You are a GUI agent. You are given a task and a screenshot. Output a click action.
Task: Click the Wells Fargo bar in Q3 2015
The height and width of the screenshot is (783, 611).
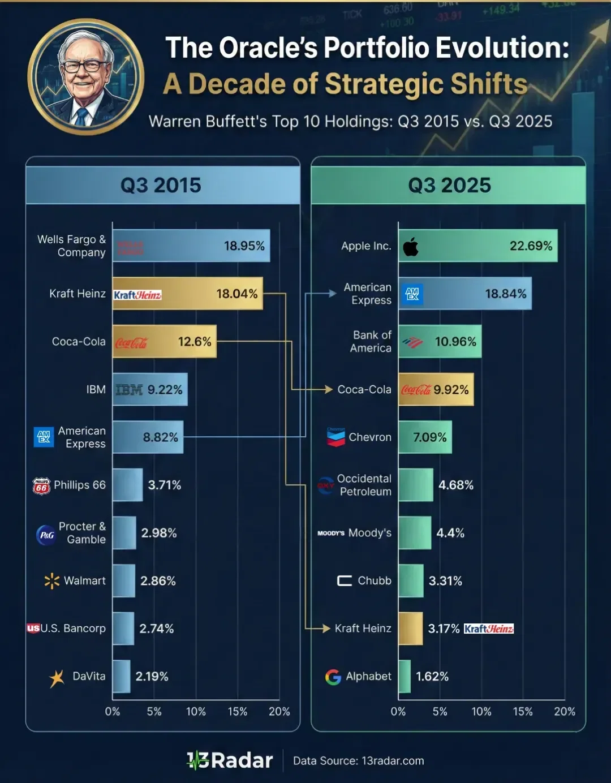[x=191, y=246]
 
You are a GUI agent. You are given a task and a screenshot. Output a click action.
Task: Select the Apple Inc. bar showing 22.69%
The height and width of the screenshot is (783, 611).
[x=477, y=246]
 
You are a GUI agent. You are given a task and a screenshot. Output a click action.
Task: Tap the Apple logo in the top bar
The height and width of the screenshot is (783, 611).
[x=411, y=246]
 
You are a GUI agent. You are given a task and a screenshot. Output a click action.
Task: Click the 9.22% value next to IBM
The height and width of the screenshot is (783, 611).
[x=165, y=390]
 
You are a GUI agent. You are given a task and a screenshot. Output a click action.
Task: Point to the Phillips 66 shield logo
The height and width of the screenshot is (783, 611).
[x=41, y=485]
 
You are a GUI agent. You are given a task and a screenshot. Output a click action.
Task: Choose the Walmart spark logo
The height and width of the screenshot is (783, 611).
[x=51, y=581]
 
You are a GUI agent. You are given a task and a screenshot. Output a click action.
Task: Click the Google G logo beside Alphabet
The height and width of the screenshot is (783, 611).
[x=333, y=677]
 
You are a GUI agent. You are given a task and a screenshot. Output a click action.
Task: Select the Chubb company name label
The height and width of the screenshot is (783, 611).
[x=374, y=580]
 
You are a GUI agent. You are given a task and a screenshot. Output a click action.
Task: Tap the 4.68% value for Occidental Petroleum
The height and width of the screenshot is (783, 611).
[x=455, y=485]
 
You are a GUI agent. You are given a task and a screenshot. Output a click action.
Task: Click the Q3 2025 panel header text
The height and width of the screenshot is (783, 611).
[x=449, y=186]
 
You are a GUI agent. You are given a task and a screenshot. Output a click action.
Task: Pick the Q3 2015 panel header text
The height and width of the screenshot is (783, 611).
[x=161, y=186]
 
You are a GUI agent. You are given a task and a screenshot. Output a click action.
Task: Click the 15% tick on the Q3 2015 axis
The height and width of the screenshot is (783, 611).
[x=238, y=712]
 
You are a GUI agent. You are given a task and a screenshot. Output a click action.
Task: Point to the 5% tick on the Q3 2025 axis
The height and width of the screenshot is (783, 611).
[x=440, y=712]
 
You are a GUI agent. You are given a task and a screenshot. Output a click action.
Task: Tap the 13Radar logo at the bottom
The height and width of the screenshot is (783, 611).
[x=230, y=760]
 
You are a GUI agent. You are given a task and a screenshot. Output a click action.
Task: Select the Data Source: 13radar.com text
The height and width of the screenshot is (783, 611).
[x=358, y=761]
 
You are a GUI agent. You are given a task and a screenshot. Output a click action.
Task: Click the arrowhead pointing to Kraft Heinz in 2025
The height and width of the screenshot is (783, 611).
[x=326, y=629]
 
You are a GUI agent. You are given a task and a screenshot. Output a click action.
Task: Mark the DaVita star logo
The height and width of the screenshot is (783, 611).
[x=57, y=678]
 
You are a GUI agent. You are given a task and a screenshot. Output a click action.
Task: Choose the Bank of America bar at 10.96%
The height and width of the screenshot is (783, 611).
[x=440, y=341]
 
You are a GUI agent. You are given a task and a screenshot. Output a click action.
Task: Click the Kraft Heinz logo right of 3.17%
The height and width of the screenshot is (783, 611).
[x=488, y=629]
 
